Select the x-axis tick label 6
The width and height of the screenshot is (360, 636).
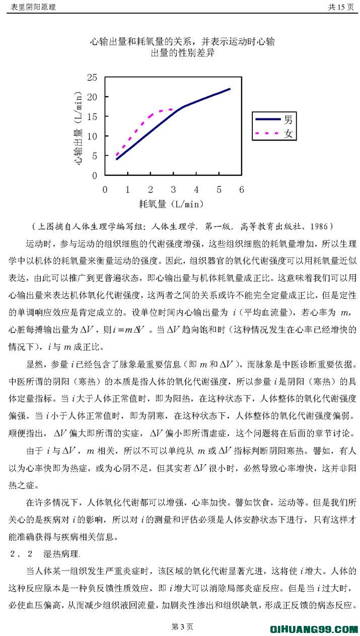[242, 189]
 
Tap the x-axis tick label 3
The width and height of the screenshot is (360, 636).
[173, 189]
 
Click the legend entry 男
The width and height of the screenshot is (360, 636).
[287, 119]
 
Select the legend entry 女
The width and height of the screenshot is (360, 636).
[287, 134]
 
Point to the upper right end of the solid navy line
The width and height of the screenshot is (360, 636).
[230, 89]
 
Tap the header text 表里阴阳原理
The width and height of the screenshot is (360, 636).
[32, 7]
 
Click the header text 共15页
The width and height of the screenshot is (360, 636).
[341, 7]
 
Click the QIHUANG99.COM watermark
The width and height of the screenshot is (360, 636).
[314, 628]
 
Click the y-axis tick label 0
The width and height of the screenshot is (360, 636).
[94, 175]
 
